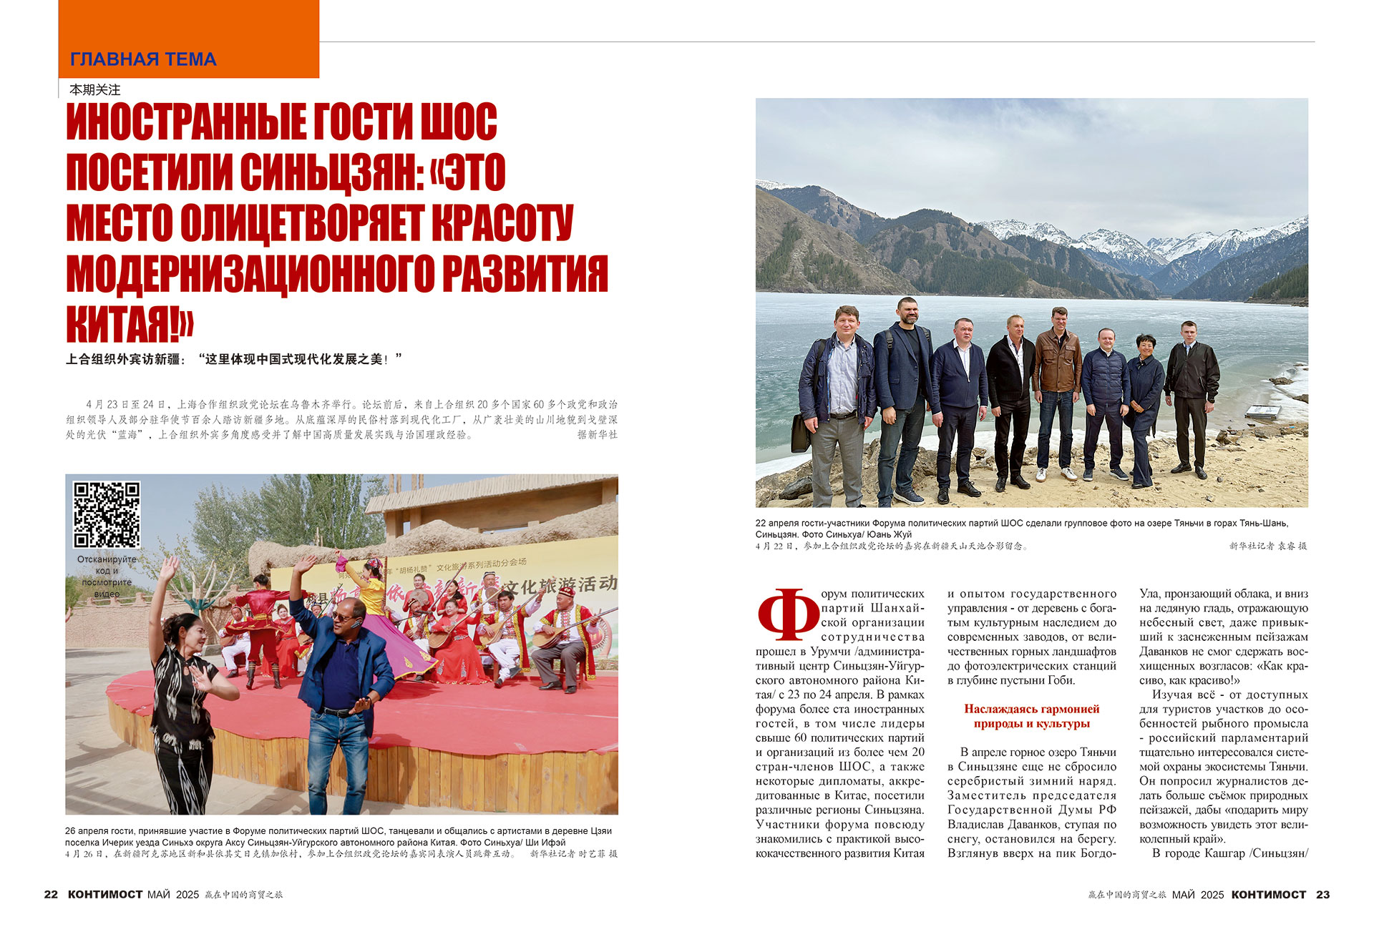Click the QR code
(107, 514)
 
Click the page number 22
(51, 894)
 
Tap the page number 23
(1322, 894)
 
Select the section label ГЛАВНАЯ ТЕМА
(143, 59)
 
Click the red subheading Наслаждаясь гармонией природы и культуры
(1031, 716)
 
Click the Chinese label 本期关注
(95, 90)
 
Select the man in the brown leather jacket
(1057, 386)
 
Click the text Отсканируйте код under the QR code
(107, 565)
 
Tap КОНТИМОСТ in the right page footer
(1269, 894)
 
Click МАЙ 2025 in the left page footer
(173, 894)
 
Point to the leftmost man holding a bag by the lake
(834, 401)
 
